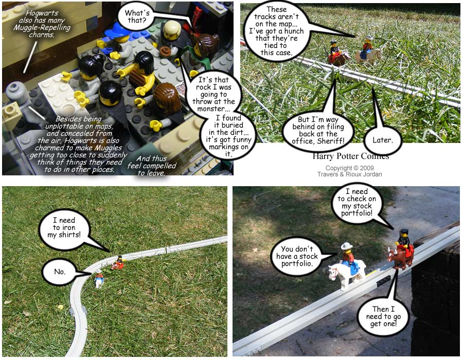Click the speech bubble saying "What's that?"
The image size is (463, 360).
coord(137,17)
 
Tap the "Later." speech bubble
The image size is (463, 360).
coord(383,140)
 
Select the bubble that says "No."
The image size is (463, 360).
coord(60,272)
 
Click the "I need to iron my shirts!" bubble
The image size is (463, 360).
coord(64,227)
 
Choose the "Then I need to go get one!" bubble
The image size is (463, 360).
coord(383,316)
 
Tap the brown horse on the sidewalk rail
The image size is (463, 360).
coord(400,257)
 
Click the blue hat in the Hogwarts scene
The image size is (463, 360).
coord(117,30)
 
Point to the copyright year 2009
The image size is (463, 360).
coord(367,168)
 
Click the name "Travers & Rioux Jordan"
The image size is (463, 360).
coord(350,174)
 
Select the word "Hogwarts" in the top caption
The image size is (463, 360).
coord(42,13)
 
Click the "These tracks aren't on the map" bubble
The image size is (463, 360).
coord(276,31)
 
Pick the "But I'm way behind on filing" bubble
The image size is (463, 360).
coord(318,130)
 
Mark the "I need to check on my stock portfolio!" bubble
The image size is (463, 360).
coord(357,203)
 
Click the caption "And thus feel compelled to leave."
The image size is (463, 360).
coord(151,166)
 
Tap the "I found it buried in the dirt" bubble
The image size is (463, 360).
coord(228,136)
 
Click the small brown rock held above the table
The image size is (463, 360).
coord(166,51)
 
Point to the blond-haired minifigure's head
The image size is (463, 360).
coord(172,30)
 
